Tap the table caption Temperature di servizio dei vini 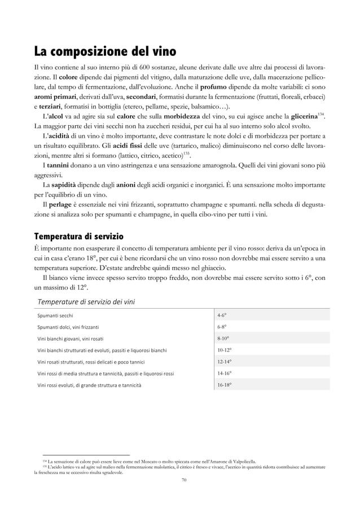[x=86, y=301]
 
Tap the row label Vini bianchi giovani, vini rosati [x=71, y=339]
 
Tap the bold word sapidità [x=65, y=185]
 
